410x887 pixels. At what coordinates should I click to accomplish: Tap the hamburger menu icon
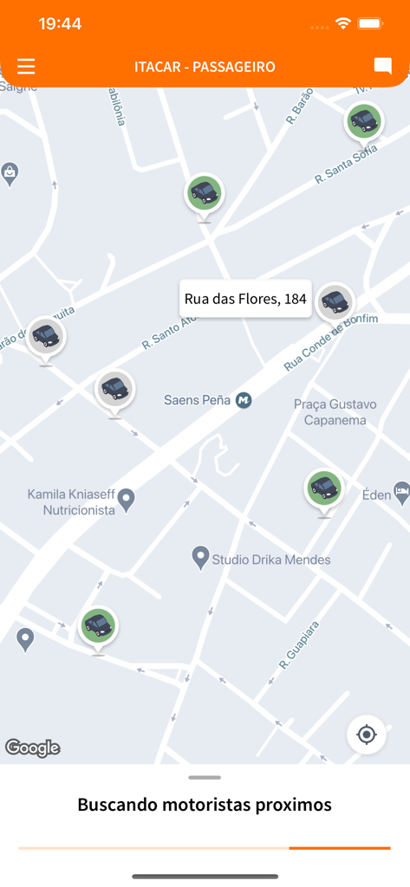(26, 67)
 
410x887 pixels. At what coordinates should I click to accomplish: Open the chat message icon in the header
(382, 67)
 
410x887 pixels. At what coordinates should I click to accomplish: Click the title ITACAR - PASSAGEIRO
(205, 67)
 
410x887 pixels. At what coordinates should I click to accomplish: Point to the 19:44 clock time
(60, 23)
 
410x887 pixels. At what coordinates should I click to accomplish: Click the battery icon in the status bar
(371, 23)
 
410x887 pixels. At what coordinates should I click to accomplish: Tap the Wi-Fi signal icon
(343, 23)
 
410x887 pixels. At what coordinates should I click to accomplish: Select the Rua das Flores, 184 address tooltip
(245, 299)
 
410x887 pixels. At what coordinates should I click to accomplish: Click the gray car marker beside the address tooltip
(335, 301)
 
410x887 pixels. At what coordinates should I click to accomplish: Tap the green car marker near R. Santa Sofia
(365, 121)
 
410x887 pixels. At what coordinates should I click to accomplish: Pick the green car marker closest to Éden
(324, 489)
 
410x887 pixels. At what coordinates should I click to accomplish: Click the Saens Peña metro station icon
(244, 400)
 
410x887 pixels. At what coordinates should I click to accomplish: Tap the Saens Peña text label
(198, 400)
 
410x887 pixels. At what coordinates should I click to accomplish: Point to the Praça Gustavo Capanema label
(335, 412)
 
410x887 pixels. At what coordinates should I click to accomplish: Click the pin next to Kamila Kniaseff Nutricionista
(127, 499)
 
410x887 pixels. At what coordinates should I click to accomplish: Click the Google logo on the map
(33, 748)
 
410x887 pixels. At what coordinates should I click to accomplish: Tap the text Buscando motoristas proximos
(205, 805)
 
